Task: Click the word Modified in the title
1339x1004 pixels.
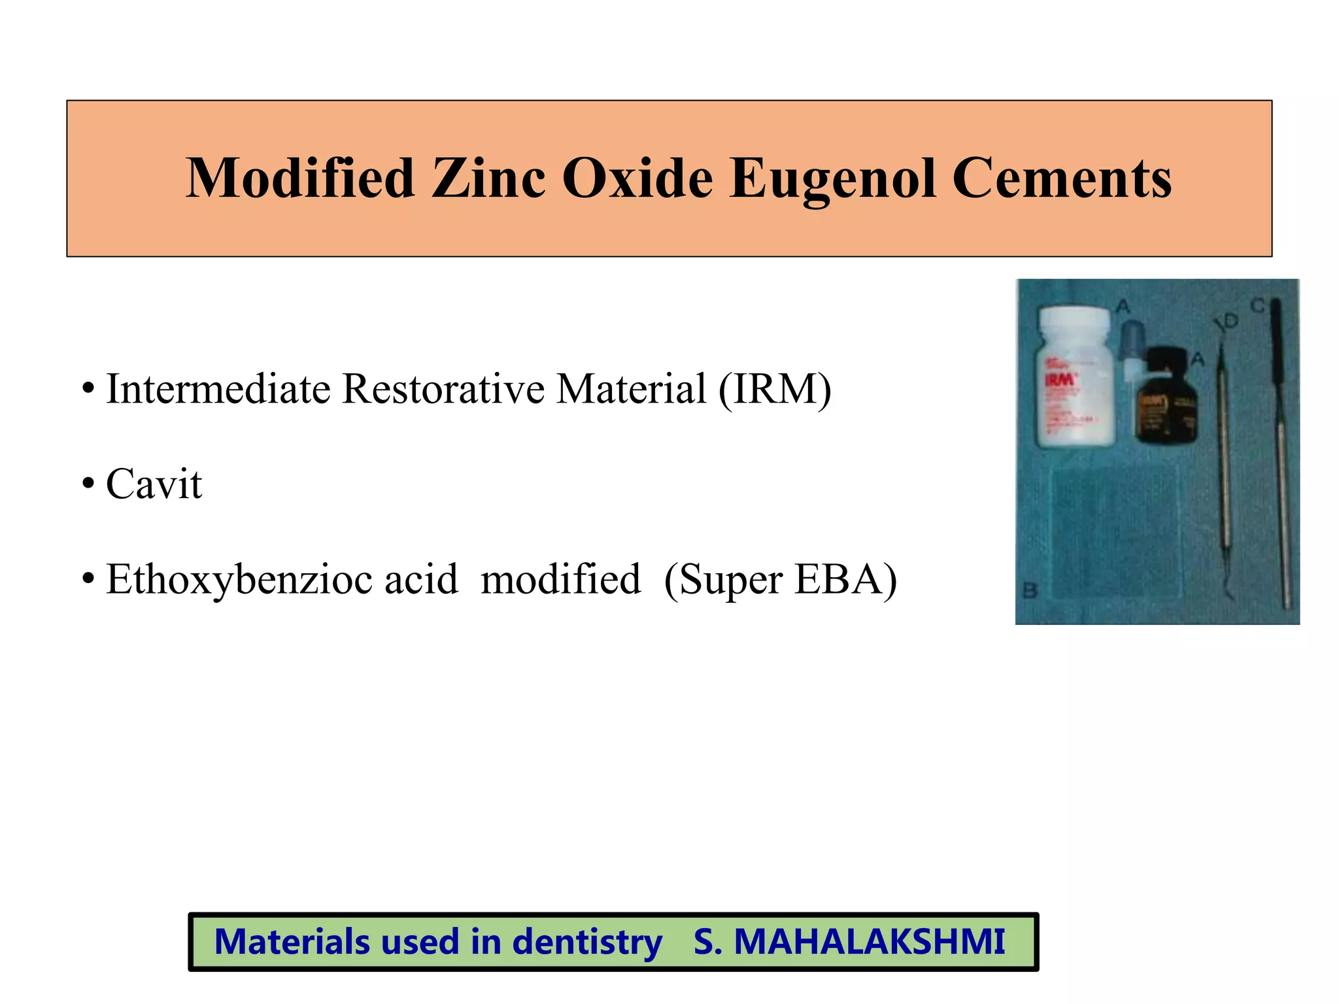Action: coord(300,178)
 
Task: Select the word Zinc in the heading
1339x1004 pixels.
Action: coord(488,178)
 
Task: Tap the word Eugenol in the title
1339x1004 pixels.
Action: coord(833,178)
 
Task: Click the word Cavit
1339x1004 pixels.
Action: coord(154,484)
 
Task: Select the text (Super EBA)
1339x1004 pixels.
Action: coord(780,579)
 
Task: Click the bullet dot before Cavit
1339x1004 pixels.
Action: coord(88,486)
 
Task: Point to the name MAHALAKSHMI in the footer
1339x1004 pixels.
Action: coord(869,942)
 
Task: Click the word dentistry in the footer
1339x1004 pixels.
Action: coord(586,942)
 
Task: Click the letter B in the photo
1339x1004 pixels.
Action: coord(1030,591)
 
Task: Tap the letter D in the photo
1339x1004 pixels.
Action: coord(1230,320)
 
